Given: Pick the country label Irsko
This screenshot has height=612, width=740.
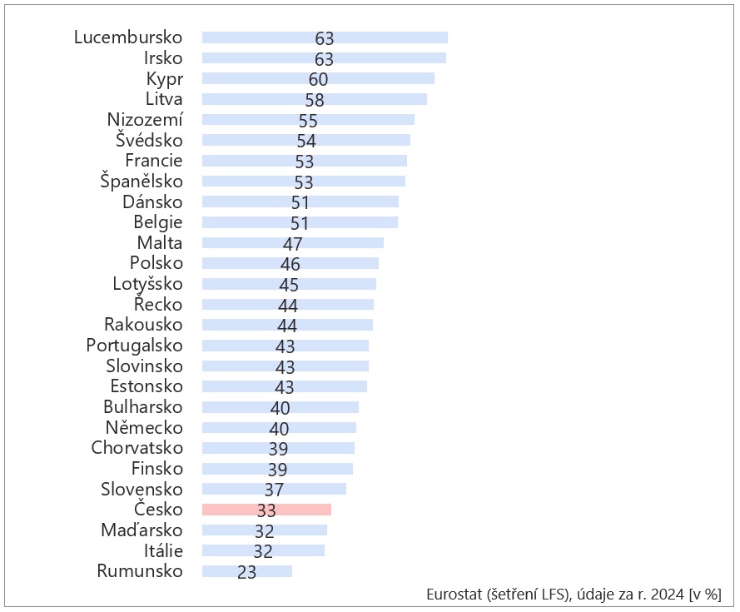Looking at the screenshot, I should click(163, 58).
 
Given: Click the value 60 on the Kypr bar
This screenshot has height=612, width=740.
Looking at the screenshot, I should click(318, 79).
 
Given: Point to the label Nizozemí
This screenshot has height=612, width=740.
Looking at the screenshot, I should click(145, 120).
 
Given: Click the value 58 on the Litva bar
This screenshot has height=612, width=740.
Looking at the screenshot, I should click(314, 100).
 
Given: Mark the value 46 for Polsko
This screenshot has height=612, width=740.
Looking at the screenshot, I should click(290, 264).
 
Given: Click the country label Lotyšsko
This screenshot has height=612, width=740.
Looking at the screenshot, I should click(147, 284).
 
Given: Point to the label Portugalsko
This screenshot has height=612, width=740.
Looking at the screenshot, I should click(134, 346).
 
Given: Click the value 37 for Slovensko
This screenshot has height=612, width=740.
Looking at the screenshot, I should click(274, 490).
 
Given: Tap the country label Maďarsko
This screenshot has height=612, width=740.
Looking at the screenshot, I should click(142, 530).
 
